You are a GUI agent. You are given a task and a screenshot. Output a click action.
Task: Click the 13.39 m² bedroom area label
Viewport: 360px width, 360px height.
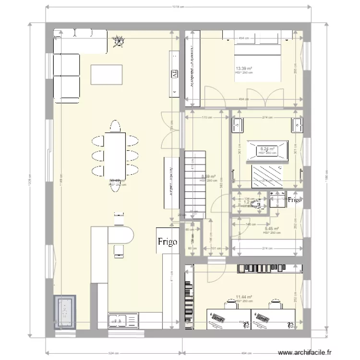click(243, 69)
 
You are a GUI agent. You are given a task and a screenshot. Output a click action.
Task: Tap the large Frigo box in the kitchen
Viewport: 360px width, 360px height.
click(167, 241)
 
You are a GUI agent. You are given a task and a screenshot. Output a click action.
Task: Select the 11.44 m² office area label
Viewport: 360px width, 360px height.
click(243, 298)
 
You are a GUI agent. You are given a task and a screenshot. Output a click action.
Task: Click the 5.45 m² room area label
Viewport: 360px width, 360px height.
click(271, 229)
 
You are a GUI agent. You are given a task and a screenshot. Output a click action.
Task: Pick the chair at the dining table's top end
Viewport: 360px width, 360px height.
click(115, 126)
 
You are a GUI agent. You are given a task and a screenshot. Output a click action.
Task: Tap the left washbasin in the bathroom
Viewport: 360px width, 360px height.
click(239, 126)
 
